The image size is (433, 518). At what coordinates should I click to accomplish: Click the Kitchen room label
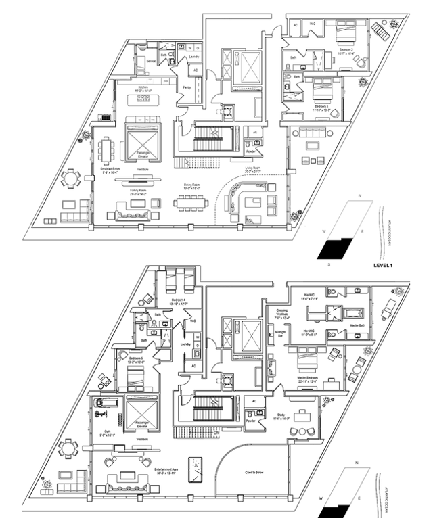[143, 88]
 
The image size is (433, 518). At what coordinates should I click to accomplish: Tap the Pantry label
[185, 87]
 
